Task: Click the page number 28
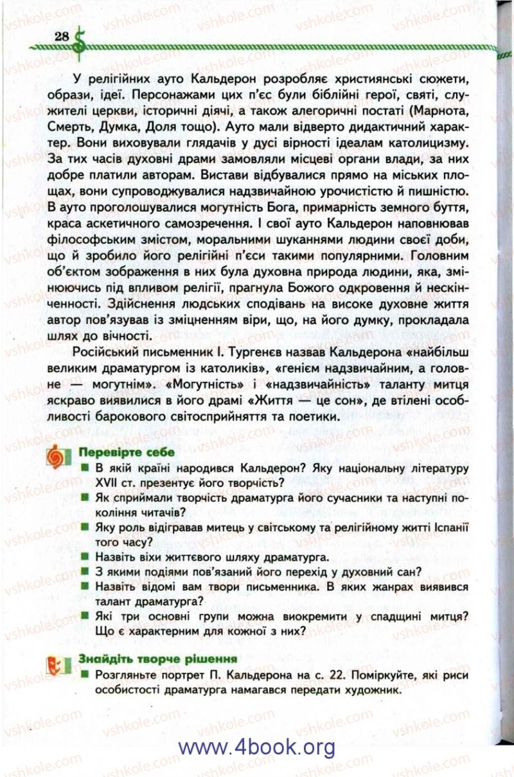coord(62,35)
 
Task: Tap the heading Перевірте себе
coord(118,452)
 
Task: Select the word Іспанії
coord(448,527)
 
